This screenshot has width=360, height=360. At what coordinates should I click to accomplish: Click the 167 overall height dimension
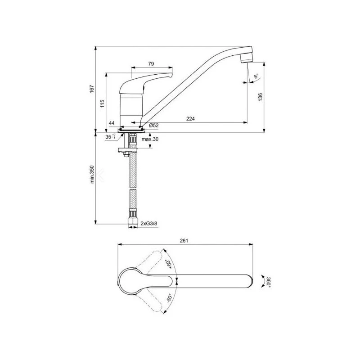91,89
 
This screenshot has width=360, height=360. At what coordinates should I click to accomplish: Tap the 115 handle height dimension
103,103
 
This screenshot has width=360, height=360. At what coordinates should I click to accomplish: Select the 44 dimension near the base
112,123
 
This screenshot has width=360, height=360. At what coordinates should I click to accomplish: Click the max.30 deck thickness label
150,139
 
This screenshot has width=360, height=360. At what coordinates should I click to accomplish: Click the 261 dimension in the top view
184,241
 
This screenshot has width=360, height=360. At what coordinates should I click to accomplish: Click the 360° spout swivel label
269,282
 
